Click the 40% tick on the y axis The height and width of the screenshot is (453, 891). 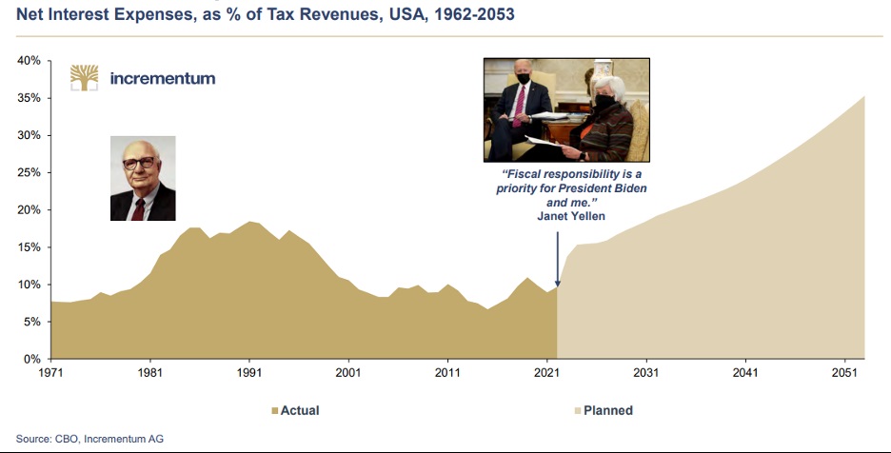point(28,61)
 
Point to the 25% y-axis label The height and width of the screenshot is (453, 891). point(28,172)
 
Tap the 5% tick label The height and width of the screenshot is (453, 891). point(30,322)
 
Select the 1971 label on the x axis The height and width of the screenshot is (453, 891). point(50,373)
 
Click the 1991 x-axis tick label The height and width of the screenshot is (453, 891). point(249,373)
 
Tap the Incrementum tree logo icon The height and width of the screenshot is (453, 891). point(85,78)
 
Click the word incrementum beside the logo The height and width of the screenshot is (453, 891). point(163,78)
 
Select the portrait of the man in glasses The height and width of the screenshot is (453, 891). point(143,178)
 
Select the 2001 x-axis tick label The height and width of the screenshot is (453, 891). point(348,373)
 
